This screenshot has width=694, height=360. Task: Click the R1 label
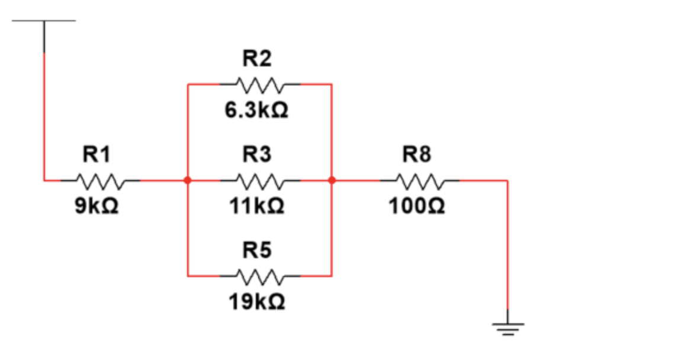pos(96,155)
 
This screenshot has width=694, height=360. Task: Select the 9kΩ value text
pos(96,206)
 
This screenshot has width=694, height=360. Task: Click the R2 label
pos(257,59)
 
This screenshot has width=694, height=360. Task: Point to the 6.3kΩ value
pos(256,111)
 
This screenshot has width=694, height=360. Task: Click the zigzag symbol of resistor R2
pos(260,84)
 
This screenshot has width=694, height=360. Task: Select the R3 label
pos(257,155)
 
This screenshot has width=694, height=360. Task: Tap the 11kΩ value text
pos(257,206)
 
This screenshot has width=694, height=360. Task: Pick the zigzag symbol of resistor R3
pos(260,180)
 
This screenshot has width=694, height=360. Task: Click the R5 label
pos(257,251)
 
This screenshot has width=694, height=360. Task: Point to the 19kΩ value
pos(257,303)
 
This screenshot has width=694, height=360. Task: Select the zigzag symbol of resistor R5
pos(260,276)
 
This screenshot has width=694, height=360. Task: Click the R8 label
pos(417,155)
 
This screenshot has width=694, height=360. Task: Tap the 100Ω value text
pos(417,206)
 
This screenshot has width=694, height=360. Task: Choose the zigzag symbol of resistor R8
pos(420,180)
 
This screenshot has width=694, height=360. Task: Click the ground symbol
pos(507,327)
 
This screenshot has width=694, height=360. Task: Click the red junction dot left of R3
pos(188,180)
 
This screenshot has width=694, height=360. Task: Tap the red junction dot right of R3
pos(332,180)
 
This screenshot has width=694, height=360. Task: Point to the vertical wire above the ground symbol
pos(507,249)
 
